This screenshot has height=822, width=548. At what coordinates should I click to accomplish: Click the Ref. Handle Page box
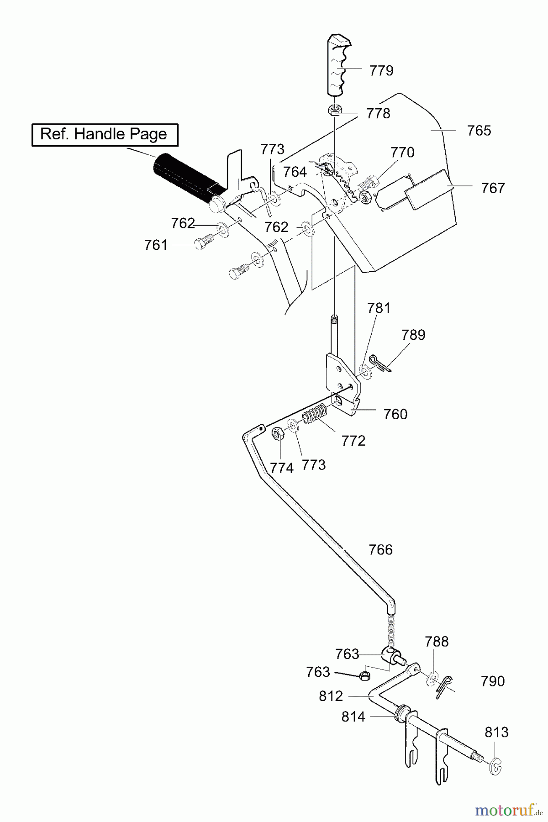(105, 134)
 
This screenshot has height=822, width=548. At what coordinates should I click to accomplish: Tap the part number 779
(381, 71)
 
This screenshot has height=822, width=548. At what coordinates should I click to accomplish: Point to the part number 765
(479, 131)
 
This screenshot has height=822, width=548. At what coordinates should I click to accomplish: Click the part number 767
(493, 188)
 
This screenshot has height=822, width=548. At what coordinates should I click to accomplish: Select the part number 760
(395, 414)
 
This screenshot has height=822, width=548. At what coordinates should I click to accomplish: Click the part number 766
(380, 550)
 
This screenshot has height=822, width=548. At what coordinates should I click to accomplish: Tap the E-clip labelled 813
(496, 765)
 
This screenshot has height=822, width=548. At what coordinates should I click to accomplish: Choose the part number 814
(353, 717)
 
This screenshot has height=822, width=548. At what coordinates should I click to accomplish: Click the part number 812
(331, 696)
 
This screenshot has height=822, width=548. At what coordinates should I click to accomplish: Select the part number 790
(493, 681)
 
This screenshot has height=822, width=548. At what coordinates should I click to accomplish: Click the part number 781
(379, 308)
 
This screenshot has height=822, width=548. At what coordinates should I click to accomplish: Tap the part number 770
(402, 152)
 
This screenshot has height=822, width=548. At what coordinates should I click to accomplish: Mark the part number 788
(437, 642)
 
